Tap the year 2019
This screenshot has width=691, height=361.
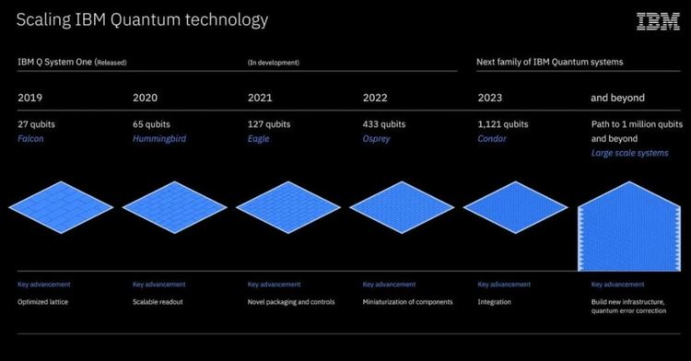click(29, 98)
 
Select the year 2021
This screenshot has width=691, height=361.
click(260, 98)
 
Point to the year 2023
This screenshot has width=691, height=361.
click(490, 98)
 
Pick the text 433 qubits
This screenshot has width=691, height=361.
click(384, 123)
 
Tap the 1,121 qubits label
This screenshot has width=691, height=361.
click(503, 123)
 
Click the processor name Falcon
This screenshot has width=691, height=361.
click(30, 138)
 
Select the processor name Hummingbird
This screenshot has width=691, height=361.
click(159, 138)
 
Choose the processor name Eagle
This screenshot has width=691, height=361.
click(259, 138)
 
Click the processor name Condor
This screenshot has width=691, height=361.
click(492, 138)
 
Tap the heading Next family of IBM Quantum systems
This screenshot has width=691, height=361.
click(549, 62)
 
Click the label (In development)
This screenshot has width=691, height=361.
click(274, 63)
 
